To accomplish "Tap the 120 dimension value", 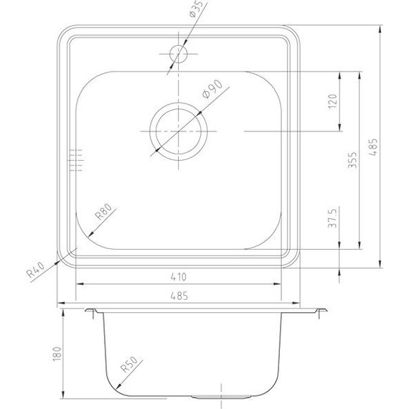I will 331,102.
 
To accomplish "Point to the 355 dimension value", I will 352,161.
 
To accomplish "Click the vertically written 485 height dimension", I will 372,147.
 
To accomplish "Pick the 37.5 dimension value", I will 331,218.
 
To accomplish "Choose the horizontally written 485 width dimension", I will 180,295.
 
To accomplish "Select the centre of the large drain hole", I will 178,132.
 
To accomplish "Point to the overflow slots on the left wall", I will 75,161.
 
